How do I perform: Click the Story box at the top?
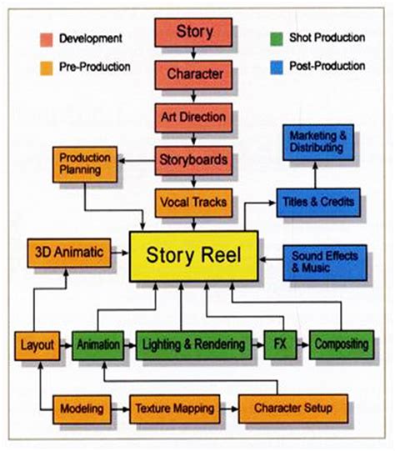(x=193, y=33)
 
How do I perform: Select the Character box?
(x=193, y=75)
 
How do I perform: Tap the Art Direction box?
(x=193, y=118)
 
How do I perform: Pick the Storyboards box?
(x=193, y=160)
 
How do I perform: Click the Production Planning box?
(x=85, y=164)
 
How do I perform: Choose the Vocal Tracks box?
(x=193, y=203)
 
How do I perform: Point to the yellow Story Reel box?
(x=194, y=256)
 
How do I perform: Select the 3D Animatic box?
(x=69, y=253)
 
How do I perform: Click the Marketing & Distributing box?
(x=318, y=143)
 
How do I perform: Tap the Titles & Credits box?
(x=318, y=203)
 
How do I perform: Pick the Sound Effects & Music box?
(x=325, y=263)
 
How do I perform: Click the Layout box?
(x=37, y=346)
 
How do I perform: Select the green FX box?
(x=280, y=345)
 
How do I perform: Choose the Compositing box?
(x=342, y=345)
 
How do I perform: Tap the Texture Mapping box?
(x=175, y=409)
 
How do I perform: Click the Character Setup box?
(x=293, y=408)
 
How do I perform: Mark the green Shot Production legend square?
(x=277, y=39)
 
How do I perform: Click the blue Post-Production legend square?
(x=277, y=68)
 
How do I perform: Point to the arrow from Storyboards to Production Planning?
(x=137, y=161)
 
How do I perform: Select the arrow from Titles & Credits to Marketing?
(x=315, y=175)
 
